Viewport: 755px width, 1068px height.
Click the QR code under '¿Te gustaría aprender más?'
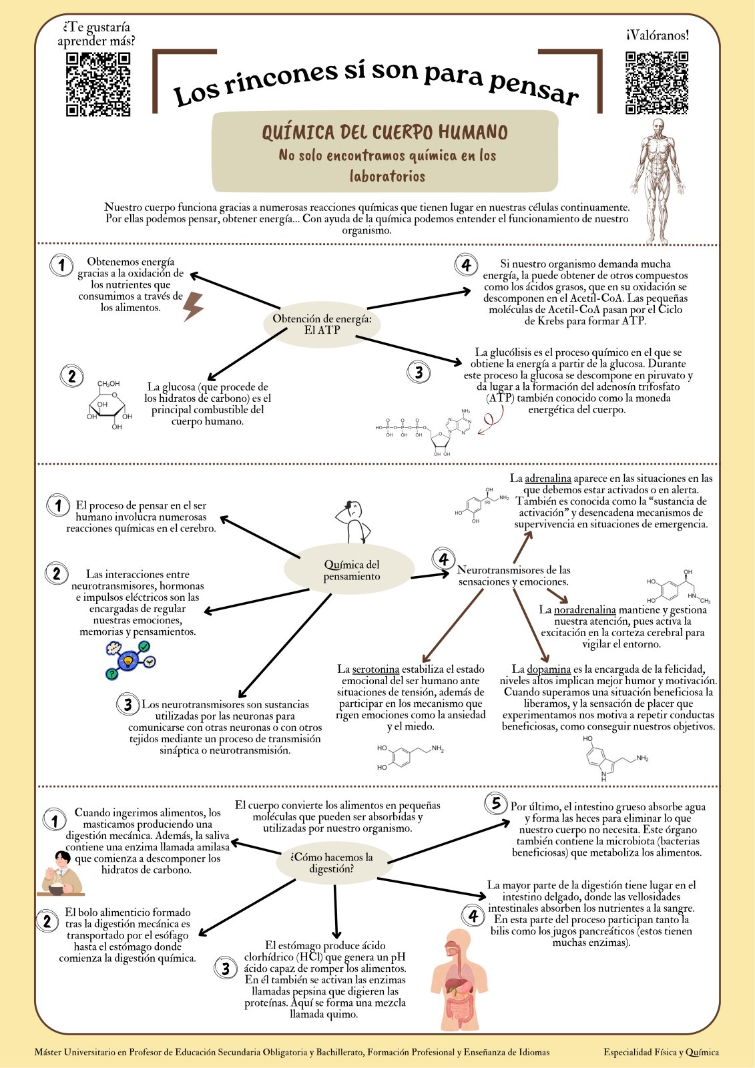tap(98, 84)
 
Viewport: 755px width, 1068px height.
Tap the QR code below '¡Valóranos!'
tap(657, 83)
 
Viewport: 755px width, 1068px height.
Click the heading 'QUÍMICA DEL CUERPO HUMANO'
tap(385, 132)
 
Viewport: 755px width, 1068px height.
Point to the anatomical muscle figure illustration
tap(658, 181)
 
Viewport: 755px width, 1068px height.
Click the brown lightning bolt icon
tap(193, 306)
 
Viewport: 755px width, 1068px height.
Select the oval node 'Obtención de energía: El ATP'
tap(322, 324)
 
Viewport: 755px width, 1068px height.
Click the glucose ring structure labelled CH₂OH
tap(109, 405)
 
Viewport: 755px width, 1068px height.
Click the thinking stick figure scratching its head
tap(353, 522)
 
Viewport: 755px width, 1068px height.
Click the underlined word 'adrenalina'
tap(548, 478)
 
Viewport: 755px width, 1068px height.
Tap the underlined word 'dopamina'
tap(549, 670)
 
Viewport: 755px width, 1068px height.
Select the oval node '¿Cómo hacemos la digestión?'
tap(332, 863)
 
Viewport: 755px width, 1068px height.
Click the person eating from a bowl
tap(61, 873)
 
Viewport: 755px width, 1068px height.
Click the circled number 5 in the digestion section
tap(495, 803)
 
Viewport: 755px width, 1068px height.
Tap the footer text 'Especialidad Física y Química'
tap(661, 1052)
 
